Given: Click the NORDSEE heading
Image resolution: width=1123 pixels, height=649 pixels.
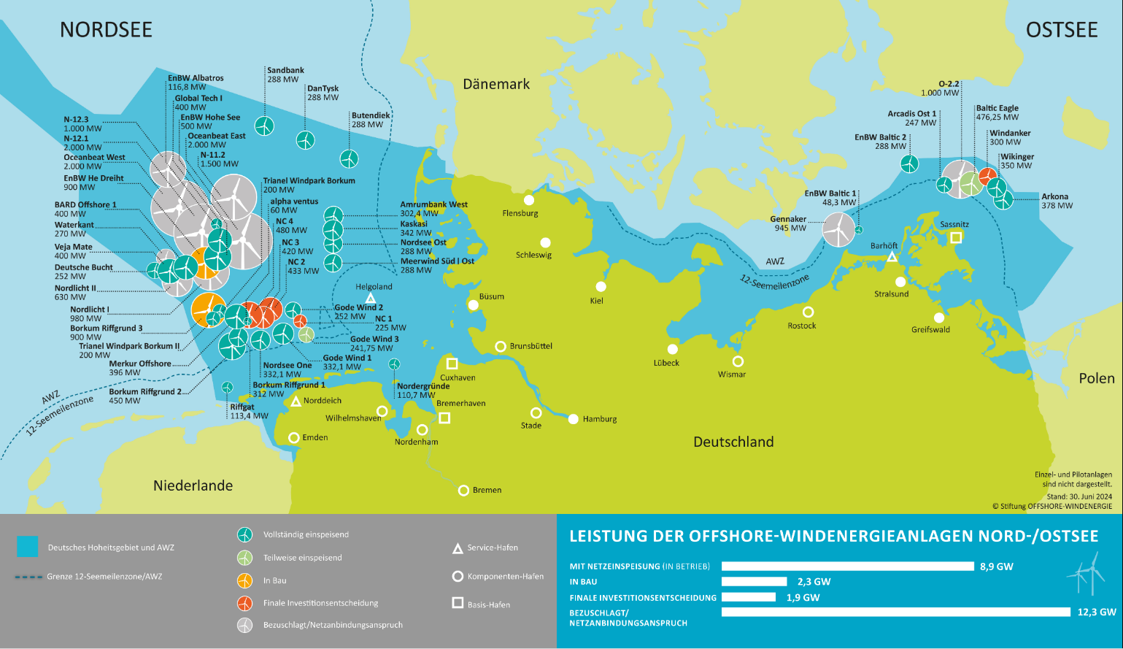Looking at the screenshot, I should pyautogui.click(x=106, y=29).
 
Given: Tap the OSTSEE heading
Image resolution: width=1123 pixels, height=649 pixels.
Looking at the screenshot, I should pyautogui.click(x=1062, y=30).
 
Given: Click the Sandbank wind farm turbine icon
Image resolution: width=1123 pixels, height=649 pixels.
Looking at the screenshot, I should pyautogui.click(x=264, y=126).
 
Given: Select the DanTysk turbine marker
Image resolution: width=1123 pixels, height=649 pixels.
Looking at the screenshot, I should pyautogui.click(x=305, y=140).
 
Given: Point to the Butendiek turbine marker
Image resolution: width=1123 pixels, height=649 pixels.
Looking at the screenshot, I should pyautogui.click(x=349, y=158).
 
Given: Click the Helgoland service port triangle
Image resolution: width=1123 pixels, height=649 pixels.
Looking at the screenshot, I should pyautogui.click(x=370, y=299).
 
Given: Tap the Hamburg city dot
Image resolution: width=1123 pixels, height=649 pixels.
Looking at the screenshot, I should pyautogui.click(x=574, y=419).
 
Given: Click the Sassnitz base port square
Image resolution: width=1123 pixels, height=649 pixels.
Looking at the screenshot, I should pyautogui.click(x=956, y=237).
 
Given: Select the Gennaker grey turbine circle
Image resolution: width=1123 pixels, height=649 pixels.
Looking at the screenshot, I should pyautogui.click(x=838, y=229).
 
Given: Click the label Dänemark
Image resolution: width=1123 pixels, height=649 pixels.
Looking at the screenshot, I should pyautogui.click(x=496, y=84).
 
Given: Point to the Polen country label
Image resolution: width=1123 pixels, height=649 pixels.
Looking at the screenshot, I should pyautogui.click(x=1096, y=378).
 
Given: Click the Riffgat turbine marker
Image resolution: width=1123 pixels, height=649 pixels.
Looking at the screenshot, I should pyautogui.click(x=227, y=388).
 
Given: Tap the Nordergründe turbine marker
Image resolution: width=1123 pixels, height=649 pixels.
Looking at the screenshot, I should pyautogui.click(x=394, y=364).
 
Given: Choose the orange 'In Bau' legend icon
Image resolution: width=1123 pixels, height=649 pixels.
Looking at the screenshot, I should pyautogui.click(x=245, y=580).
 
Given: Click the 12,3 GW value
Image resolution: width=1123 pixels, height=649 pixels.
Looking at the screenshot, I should pyautogui.click(x=1096, y=612).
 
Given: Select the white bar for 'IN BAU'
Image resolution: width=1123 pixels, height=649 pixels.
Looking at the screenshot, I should pyautogui.click(x=754, y=582).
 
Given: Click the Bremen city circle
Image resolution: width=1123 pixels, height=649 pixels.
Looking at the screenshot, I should pyautogui.click(x=463, y=491).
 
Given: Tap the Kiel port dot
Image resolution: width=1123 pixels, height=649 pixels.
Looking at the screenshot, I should pyautogui.click(x=601, y=287).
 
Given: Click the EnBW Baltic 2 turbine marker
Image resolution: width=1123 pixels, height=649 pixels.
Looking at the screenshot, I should pyautogui.click(x=908, y=164).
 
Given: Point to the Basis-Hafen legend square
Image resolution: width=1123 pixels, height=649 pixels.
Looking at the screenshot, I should pyautogui.click(x=458, y=603).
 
